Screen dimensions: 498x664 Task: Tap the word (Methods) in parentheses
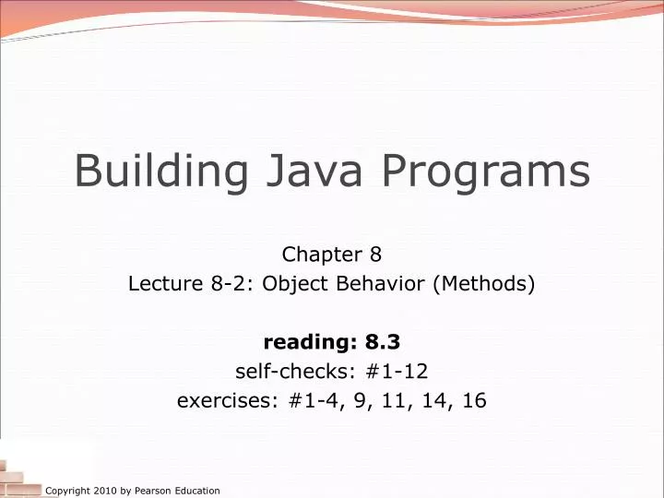[x=483, y=284]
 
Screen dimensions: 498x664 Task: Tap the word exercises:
[x=218, y=401]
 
